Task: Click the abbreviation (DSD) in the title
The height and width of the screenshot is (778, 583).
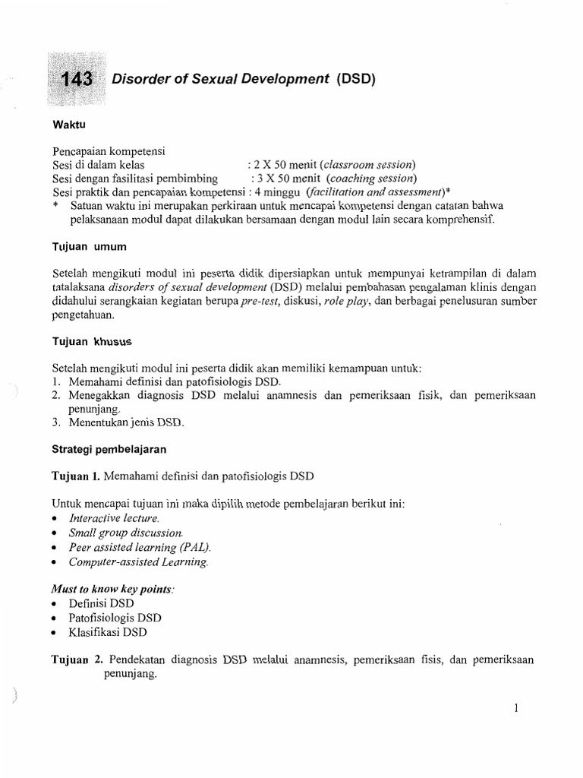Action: tap(355, 78)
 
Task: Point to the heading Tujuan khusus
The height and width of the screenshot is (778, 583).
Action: tap(87, 342)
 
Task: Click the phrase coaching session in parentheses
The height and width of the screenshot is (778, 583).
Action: tap(370, 179)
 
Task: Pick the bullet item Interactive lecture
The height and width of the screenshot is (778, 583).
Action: tap(114, 518)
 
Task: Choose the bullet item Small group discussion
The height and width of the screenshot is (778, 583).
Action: tap(125, 533)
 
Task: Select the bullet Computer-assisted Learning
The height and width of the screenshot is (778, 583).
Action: tap(137, 562)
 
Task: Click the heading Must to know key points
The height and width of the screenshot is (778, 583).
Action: tap(112, 589)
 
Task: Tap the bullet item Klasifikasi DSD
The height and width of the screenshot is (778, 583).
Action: tap(108, 632)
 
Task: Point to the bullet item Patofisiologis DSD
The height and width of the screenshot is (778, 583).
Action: tap(115, 618)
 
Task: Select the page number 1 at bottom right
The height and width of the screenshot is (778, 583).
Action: tap(515, 708)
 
